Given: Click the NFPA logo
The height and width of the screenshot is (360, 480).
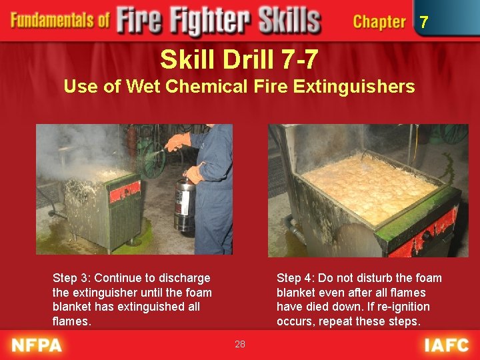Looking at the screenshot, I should (37, 345).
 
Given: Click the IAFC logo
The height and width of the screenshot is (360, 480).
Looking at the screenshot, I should (446, 345).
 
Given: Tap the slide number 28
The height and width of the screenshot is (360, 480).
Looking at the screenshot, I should (240, 344).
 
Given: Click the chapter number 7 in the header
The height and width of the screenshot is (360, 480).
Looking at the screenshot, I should (424, 23).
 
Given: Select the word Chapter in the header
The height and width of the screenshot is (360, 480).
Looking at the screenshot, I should (379, 22).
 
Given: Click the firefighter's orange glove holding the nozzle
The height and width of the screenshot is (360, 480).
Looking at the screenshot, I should (178, 141).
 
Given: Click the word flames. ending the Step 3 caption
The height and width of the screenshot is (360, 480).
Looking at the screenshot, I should (71, 321).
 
